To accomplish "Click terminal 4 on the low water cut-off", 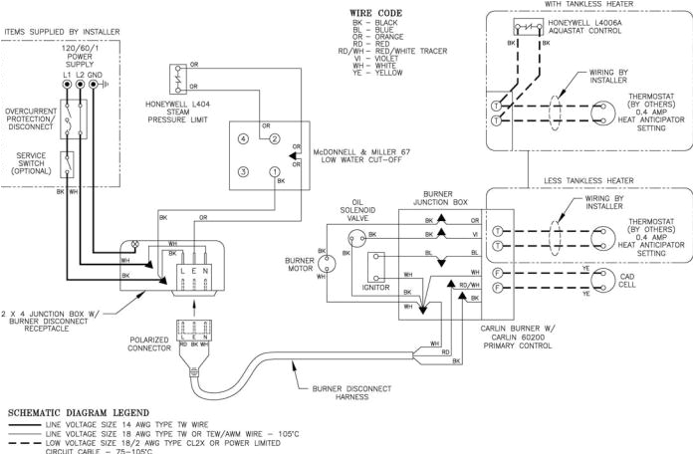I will (242, 138).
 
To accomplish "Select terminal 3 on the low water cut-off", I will (242, 172).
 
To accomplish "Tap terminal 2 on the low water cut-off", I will (276, 138).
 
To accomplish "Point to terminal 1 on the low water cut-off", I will (276, 172).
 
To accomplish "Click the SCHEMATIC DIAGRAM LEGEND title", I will (78, 411).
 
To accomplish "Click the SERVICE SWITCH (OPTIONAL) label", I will (32, 164).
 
